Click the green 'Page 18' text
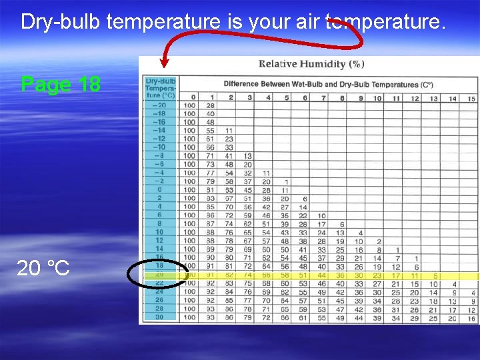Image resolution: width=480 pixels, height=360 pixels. coord(61,85)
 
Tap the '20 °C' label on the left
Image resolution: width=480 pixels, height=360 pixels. coord(43,268)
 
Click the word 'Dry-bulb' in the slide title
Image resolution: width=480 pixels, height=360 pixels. coord(61,22)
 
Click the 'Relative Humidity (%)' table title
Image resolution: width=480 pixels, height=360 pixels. coord(311,65)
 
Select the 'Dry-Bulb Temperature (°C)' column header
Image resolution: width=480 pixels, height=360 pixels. coord(160,87)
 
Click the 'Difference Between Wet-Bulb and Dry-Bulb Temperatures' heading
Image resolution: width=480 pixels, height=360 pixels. coord(328,85)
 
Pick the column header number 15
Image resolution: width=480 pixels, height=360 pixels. coord(471,98)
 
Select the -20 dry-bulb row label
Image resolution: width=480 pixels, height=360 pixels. coord(159,105)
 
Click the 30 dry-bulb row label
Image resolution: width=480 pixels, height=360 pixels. coord(159,317)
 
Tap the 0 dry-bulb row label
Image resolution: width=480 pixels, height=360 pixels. coord(159,190)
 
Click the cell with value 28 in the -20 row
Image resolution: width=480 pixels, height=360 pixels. coord(211,105)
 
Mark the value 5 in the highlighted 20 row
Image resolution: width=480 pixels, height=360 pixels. coord(435,275)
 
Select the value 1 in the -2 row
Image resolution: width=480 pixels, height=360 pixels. coord(286,181)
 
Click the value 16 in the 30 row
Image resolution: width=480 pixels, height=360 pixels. coord(471,317)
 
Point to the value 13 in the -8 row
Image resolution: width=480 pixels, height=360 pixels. coord(248,156)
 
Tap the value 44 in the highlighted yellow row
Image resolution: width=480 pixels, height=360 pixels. coord(321,275)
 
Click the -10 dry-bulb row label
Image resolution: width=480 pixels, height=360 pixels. coord(159,147)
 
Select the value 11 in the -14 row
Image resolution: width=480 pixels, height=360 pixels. coord(229,131)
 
